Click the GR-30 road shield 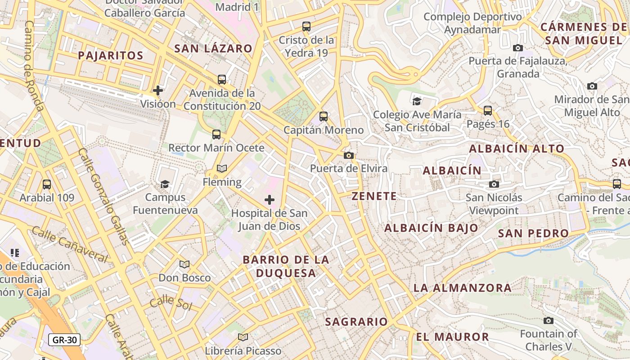[x=64, y=340]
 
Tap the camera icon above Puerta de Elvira [x=348, y=156]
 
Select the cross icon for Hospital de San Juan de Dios [x=270, y=200]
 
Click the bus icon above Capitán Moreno [x=324, y=117]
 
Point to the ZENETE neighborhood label [x=374, y=196]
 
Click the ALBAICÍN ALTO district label [x=517, y=148]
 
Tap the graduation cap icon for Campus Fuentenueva [x=165, y=184]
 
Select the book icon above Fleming [x=222, y=169]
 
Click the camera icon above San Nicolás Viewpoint [x=494, y=184]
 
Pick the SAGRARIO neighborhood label [x=356, y=322]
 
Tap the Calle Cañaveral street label [x=69, y=245]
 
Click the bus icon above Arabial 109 [x=47, y=184]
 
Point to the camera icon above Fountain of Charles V [x=548, y=320]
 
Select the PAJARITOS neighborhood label [x=110, y=56]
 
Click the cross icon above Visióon [x=158, y=90]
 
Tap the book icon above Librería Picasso [x=243, y=337]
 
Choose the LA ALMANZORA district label [x=463, y=288]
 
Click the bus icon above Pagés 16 [x=488, y=110]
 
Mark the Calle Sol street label [x=171, y=303]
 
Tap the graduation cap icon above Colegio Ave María [x=417, y=101]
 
